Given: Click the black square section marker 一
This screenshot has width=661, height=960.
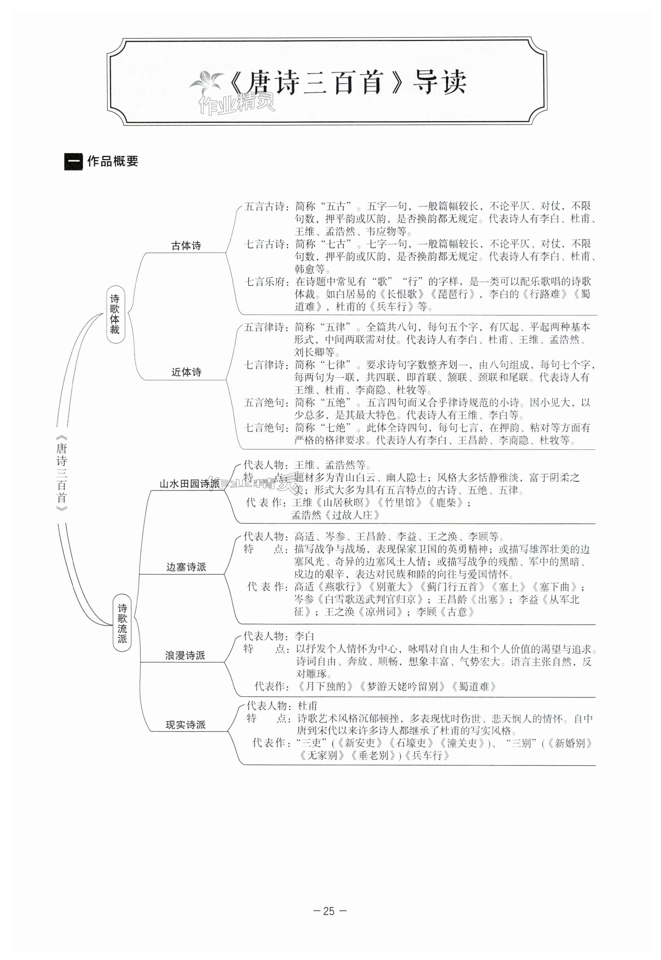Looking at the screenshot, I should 73,162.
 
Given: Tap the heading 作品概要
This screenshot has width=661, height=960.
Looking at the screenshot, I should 112,162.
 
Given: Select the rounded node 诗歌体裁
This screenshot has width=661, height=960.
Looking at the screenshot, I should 115,314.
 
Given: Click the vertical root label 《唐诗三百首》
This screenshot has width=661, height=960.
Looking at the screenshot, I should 62,473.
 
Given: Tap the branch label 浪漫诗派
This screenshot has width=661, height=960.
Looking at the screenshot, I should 185,655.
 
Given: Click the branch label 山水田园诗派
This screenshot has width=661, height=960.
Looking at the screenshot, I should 189,484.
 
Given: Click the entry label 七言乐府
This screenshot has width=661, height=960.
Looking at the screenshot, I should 266,282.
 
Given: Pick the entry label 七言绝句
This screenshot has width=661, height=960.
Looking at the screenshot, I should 265,428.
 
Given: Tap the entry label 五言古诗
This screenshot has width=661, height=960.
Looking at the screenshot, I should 266,206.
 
